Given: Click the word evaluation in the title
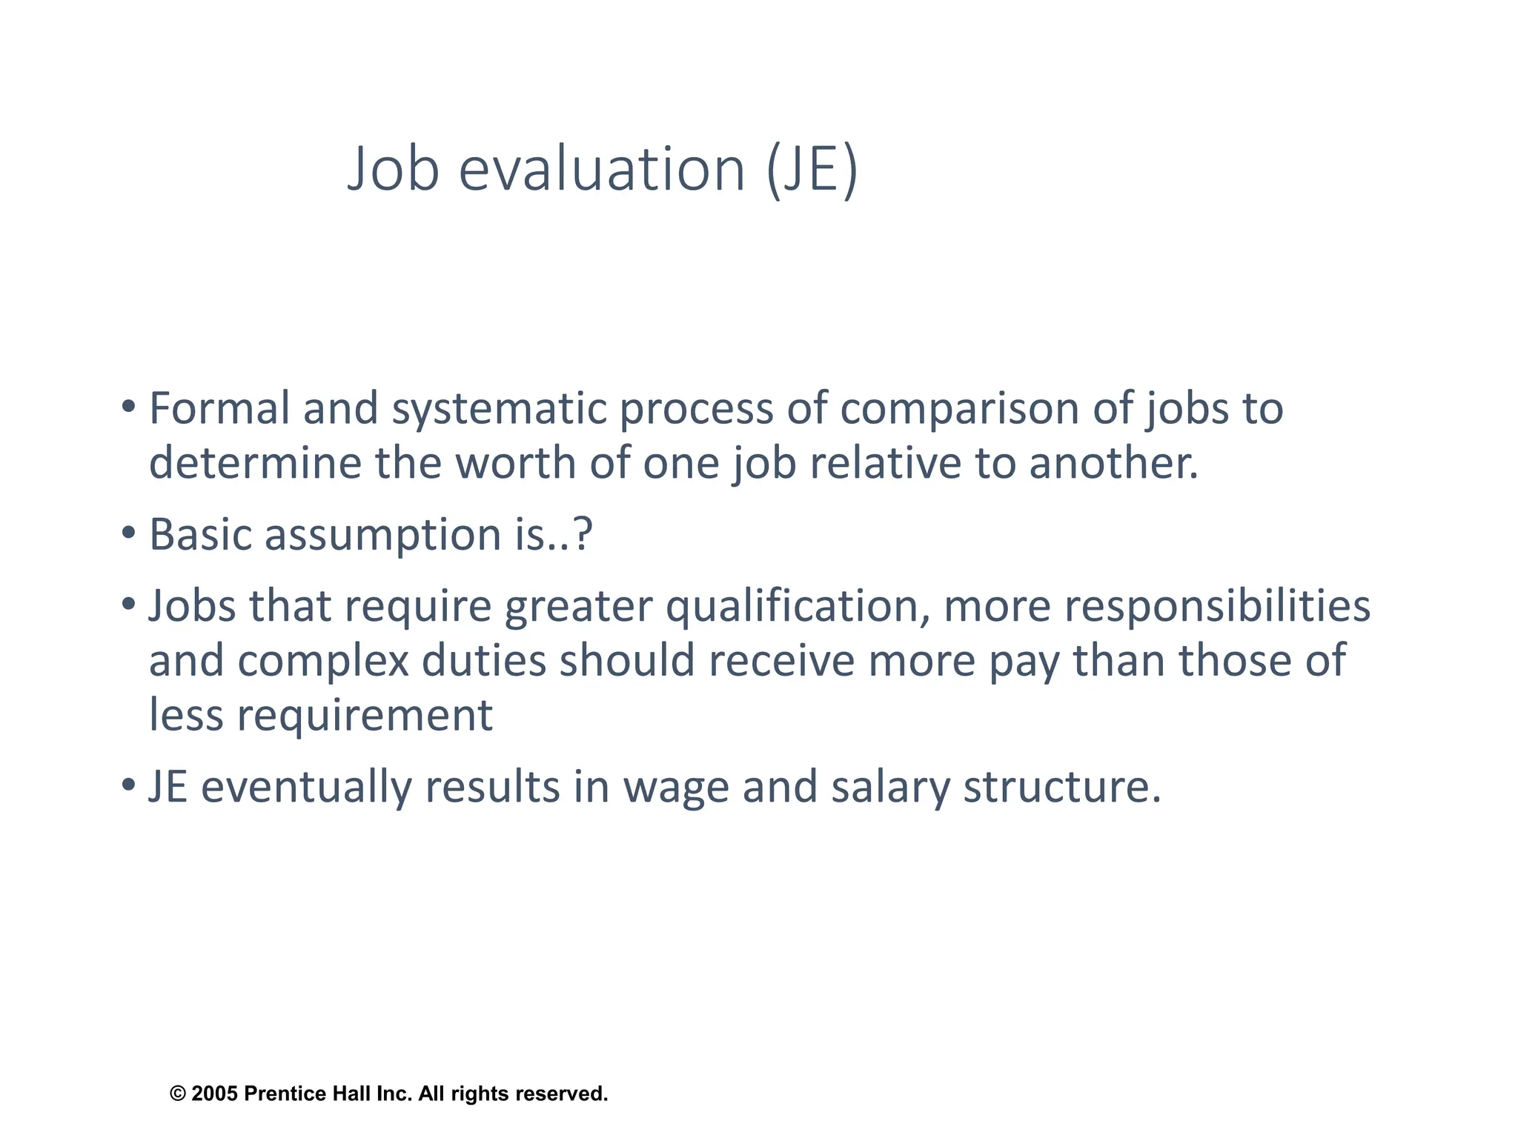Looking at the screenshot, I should (x=601, y=169).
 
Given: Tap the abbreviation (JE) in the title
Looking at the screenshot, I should (x=812, y=169).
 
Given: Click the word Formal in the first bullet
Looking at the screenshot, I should (x=219, y=408).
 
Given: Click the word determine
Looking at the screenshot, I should (x=254, y=463).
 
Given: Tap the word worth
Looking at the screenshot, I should (x=515, y=463).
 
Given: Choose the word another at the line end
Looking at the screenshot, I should (x=1113, y=463).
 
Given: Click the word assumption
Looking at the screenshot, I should (x=382, y=535).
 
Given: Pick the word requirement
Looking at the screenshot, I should (x=364, y=716).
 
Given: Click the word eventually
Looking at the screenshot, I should (x=306, y=787).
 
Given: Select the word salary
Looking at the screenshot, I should (x=889, y=787).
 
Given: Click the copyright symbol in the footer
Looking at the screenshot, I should (x=178, y=1094).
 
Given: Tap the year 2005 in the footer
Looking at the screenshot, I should (x=214, y=1094).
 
